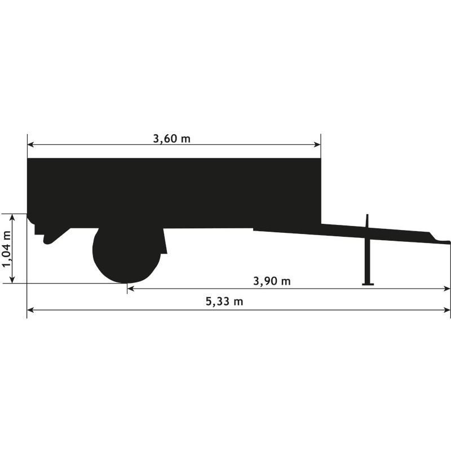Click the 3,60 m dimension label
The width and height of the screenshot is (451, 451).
pos(172,139)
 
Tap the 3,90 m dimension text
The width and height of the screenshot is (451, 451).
pos(272,281)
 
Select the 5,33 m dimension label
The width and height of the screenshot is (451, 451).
pos(224,302)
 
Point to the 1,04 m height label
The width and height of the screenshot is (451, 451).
pos(7,249)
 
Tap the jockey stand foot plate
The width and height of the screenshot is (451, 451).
pos(368,284)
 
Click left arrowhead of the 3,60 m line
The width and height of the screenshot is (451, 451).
pos(30,145)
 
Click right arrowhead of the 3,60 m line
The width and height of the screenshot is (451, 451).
pos(318,145)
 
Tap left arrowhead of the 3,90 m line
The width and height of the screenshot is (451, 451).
pos(130,289)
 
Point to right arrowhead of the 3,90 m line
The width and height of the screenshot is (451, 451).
pos(448,289)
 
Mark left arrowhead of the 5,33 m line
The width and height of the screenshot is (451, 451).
pos(30,309)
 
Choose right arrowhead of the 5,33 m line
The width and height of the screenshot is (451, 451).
pos(448,309)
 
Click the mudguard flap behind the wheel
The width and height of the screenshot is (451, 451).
pos(163,242)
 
